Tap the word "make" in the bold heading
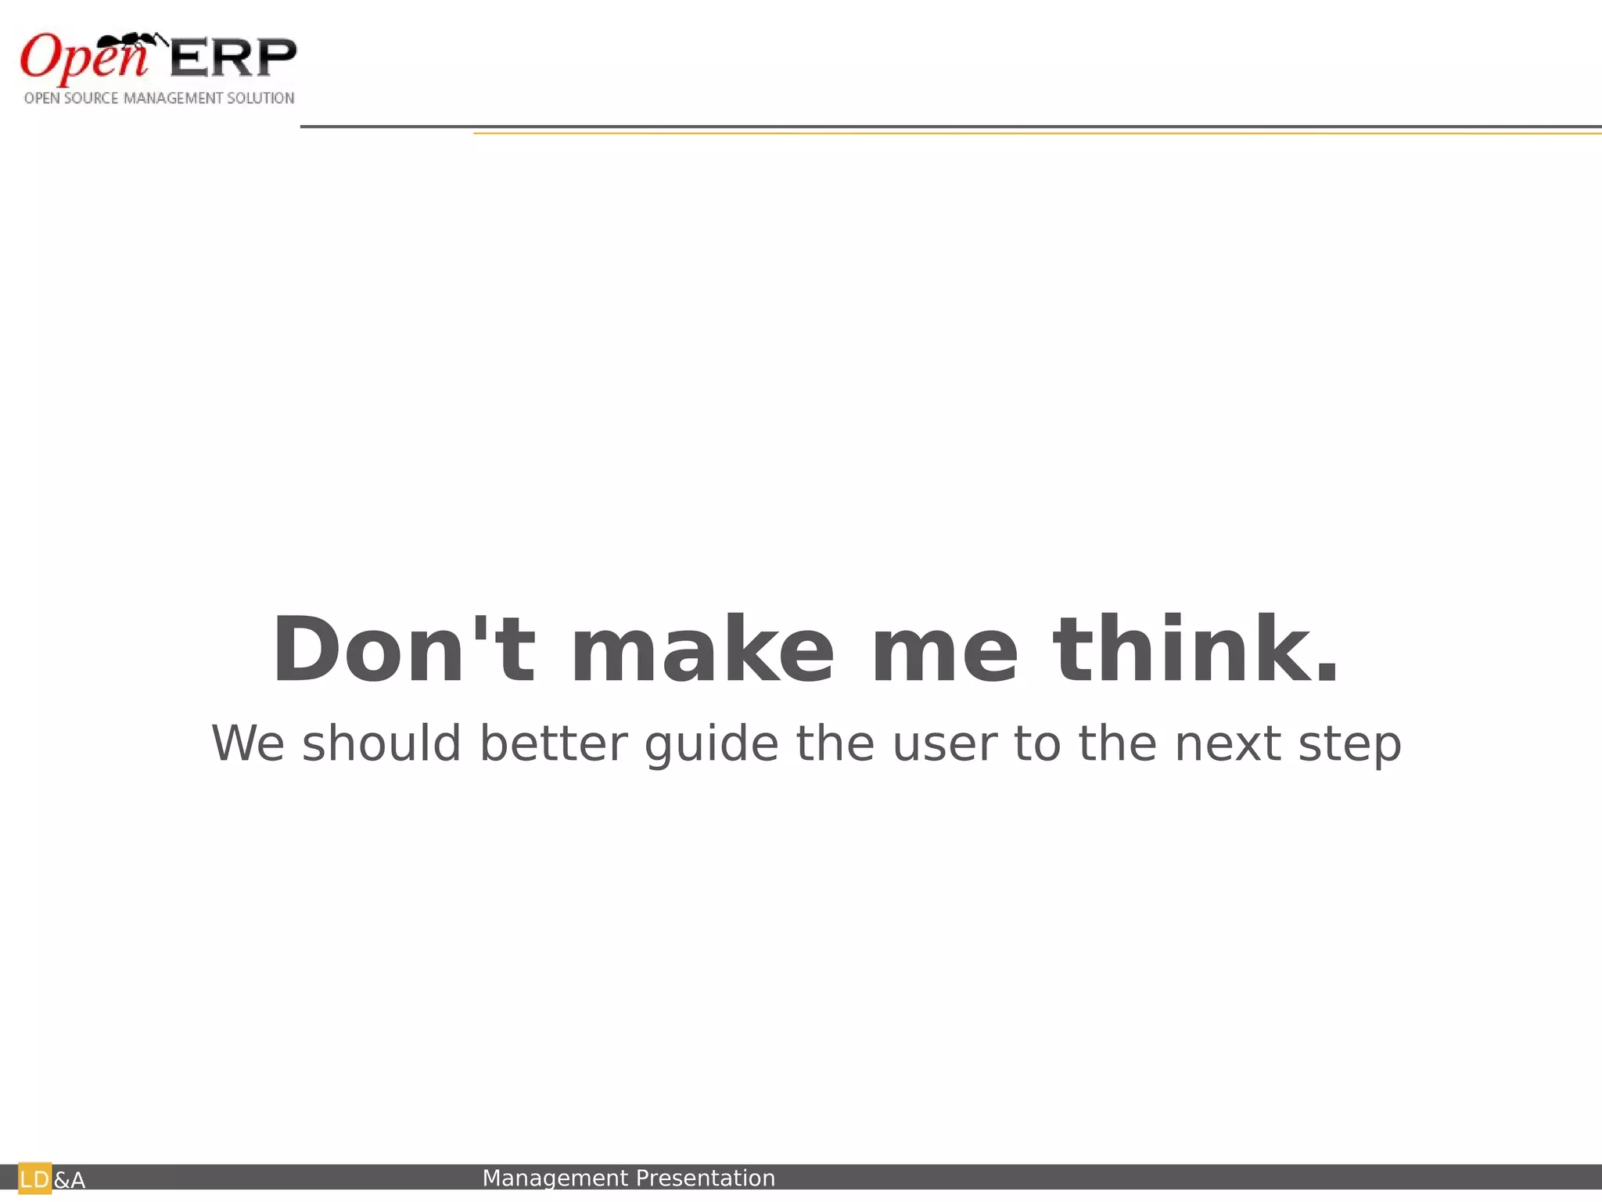(x=702, y=650)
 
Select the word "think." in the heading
(x=1196, y=650)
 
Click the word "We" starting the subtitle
(x=248, y=743)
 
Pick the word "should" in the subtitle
(x=382, y=743)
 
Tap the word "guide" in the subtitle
(x=711, y=745)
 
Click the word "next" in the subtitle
(x=1227, y=745)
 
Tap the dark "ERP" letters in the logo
(x=233, y=58)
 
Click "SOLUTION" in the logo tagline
(x=260, y=99)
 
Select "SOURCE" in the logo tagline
(x=91, y=99)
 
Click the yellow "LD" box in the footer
(x=34, y=1179)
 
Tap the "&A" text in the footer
(x=70, y=1180)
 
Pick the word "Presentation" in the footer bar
(x=705, y=1178)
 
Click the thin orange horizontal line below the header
(x=1017, y=134)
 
